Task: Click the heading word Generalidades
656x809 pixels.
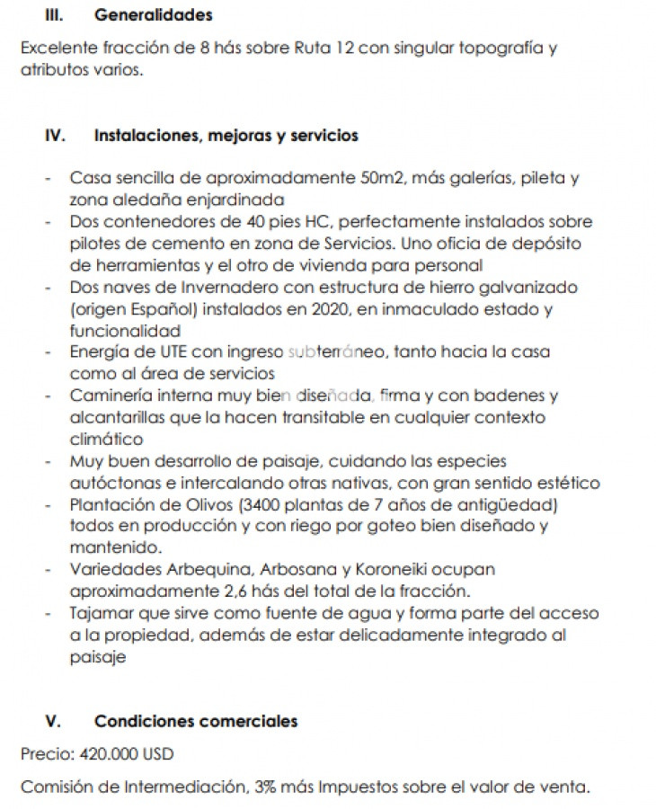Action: tap(153, 15)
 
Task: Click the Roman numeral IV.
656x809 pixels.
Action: tap(56, 136)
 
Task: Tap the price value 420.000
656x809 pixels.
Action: tap(107, 753)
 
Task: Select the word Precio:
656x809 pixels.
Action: tap(47, 753)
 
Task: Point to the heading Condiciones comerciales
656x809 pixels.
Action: tap(196, 722)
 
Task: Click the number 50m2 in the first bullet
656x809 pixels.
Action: tap(382, 178)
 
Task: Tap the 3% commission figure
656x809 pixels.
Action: tap(265, 788)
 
